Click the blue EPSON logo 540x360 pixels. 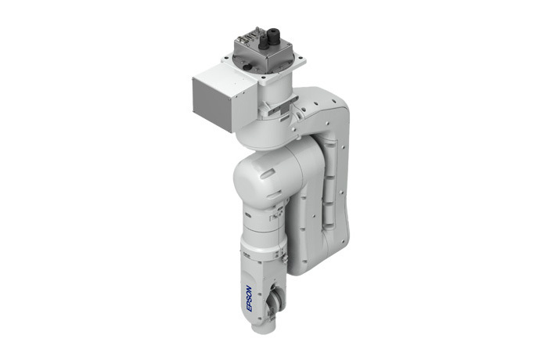(x=248, y=297)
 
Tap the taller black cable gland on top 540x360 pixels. (x=275, y=37)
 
